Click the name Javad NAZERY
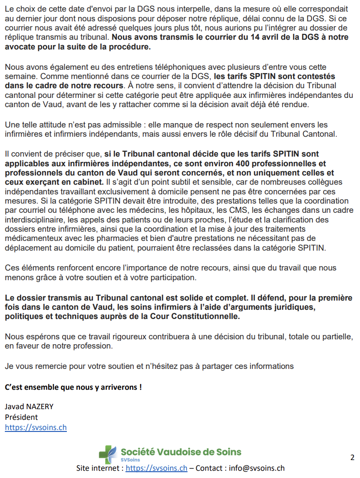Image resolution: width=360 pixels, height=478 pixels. point(29,406)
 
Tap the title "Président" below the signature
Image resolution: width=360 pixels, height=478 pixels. point(21,417)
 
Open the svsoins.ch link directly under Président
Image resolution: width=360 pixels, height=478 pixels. point(36,428)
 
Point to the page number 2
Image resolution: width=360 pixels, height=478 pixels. point(352,457)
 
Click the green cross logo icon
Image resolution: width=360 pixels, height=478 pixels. point(108,454)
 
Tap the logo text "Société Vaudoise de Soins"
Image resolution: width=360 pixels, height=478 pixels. point(181,452)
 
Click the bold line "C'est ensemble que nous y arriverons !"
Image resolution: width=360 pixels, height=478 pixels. point(73,387)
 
